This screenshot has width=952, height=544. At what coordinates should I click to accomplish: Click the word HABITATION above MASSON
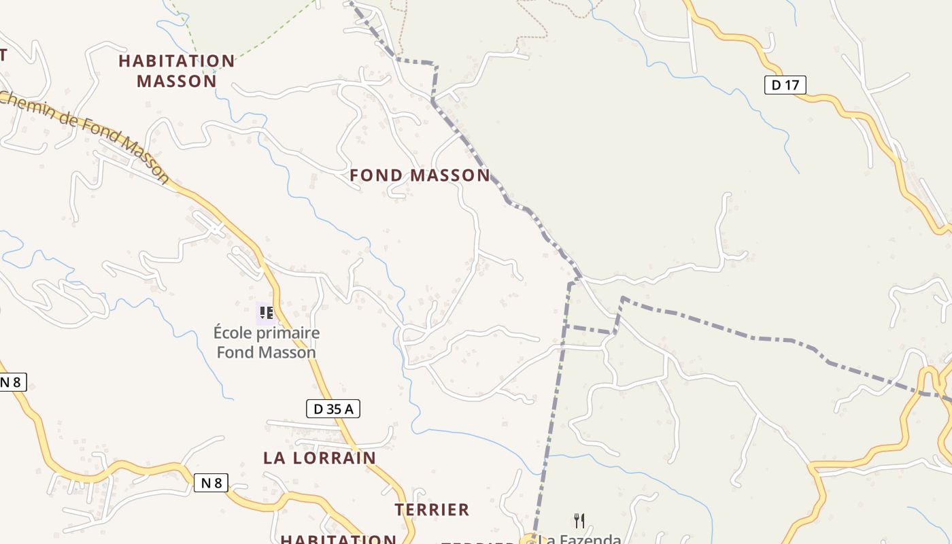tap(177, 61)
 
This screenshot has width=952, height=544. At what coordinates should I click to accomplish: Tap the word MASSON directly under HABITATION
tap(177, 82)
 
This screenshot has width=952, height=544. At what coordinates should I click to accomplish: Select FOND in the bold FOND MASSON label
tap(376, 175)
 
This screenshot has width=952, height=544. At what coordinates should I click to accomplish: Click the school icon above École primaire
tap(267, 313)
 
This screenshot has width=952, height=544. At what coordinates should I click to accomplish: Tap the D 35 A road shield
tap(333, 409)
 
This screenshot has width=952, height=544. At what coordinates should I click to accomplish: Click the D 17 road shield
tap(785, 85)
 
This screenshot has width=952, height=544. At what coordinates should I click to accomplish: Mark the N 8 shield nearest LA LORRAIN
tap(211, 483)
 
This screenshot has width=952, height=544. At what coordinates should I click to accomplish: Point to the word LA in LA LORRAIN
tap(274, 458)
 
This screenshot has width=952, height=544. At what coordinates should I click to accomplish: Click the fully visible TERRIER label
tap(432, 509)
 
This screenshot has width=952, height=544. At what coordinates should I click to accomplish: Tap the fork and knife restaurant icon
tap(579, 521)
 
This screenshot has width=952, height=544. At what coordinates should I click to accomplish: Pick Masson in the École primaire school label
tap(290, 352)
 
